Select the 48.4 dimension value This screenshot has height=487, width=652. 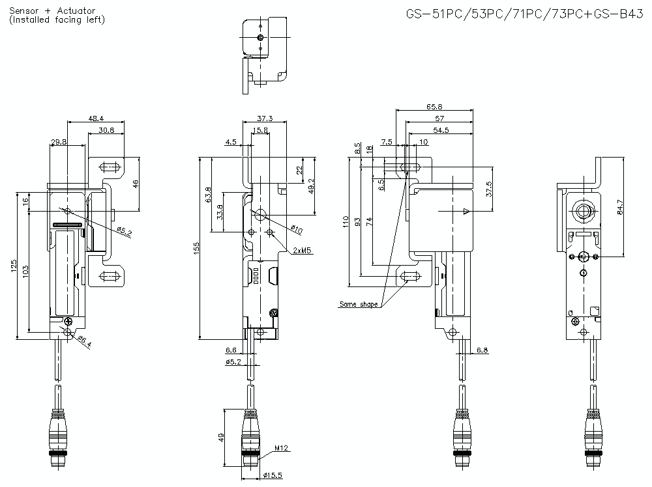[x=96, y=118]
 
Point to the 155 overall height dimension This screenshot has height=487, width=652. [x=197, y=248]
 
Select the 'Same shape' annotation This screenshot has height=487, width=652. [x=358, y=304]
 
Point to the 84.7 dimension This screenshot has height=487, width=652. [x=621, y=207]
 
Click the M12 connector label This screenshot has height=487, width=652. [x=281, y=448]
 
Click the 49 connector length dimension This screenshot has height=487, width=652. [x=221, y=438]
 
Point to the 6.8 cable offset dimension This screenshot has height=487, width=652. [x=482, y=350]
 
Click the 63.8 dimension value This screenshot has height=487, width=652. [x=208, y=195]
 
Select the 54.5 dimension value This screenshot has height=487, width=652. [x=440, y=131]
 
